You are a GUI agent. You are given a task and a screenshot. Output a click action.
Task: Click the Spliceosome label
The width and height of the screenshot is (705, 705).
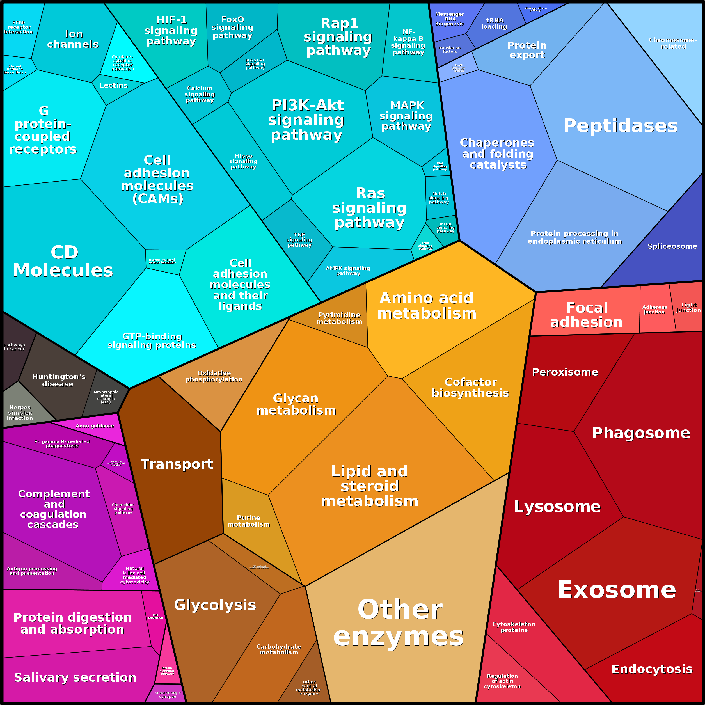(672, 246)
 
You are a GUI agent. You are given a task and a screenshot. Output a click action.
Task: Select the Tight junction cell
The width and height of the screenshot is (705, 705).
(688, 307)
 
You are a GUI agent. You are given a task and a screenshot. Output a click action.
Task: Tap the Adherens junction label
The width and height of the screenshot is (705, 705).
(655, 310)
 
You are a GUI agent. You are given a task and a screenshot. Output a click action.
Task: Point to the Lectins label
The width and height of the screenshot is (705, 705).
(113, 85)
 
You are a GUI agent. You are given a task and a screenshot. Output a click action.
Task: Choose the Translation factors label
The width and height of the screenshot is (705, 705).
(449, 50)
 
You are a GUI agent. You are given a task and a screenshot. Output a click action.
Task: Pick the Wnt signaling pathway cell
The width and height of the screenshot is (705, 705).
(440, 166)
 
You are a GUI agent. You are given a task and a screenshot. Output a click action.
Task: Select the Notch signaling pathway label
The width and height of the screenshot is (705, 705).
(439, 198)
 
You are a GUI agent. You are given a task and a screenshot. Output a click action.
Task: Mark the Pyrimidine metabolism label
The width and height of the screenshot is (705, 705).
(339, 318)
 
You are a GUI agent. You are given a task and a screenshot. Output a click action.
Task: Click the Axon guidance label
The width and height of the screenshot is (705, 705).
(95, 426)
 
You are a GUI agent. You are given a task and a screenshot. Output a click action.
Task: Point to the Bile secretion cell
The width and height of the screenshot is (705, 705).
(155, 617)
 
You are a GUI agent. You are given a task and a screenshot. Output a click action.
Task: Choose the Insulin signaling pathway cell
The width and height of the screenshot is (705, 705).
(167, 671)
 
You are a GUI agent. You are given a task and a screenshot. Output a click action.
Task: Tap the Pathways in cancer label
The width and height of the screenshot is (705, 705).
(14, 347)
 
